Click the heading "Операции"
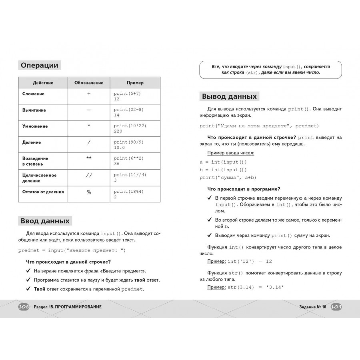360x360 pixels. point(40,66)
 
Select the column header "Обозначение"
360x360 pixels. point(89,83)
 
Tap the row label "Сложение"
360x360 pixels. point(34,94)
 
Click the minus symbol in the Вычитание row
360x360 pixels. point(89,110)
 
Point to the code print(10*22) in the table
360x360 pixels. point(130,126)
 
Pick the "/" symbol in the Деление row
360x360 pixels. point(89,142)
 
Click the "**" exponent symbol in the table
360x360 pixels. point(89,158)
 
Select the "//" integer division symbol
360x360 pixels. point(89,175)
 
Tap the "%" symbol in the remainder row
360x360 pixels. point(89,192)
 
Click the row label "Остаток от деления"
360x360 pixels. point(43,192)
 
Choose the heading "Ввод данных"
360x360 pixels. point(45,221)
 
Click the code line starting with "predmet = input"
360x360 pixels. point(72,250)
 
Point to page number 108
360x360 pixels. point(24,307)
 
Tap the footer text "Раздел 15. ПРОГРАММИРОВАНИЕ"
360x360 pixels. point(68,307)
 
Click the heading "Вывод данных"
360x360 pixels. point(229,96)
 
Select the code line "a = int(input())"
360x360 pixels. point(223,162)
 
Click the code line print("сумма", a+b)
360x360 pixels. point(228,178)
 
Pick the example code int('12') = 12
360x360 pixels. point(250,261)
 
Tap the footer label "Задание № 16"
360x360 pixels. point(312,307)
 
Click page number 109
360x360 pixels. point(336,307)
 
